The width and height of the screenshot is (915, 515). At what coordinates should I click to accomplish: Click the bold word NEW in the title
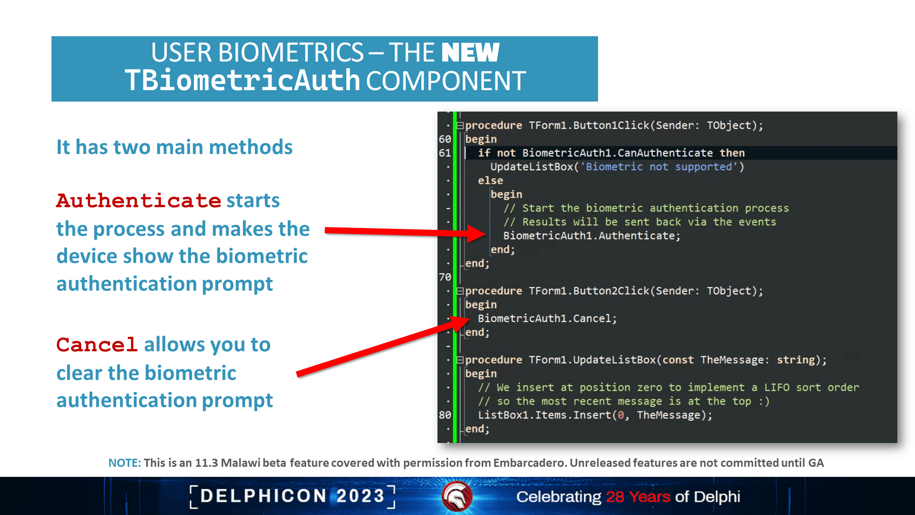(470, 52)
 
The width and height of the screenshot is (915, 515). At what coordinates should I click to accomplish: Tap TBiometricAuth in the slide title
(243, 80)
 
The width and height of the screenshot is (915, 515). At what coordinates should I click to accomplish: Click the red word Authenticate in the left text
(139, 201)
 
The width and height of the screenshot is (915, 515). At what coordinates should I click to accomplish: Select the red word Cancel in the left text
(97, 345)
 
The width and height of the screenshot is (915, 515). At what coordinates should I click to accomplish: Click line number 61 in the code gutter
(445, 153)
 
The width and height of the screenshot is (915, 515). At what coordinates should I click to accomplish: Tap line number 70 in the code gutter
(445, 277)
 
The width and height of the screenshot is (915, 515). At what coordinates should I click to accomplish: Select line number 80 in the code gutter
(445, 415)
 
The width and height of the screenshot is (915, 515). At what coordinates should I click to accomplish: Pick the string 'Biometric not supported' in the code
(659, 167)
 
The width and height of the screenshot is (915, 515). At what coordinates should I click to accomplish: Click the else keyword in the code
(490, 181)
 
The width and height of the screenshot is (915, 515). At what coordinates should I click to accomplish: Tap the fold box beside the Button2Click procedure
(460, 291)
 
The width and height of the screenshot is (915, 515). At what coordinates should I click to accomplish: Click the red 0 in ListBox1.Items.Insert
(620, 415)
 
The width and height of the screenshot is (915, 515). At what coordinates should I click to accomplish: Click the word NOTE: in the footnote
(124, 463)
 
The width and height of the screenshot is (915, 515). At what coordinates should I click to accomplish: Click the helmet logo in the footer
(457, 496)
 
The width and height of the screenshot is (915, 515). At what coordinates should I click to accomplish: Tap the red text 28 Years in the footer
(638, 497)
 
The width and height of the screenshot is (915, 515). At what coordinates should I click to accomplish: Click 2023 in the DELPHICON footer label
(360, 496)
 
